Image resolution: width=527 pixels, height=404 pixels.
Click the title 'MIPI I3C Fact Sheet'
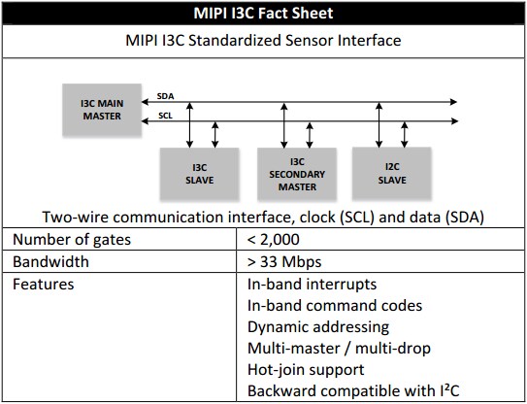point(263,14)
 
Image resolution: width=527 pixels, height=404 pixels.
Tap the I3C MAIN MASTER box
point(102,110)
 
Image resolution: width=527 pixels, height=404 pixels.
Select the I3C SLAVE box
point(199,174)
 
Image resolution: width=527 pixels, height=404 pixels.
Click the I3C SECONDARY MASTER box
point(297,174)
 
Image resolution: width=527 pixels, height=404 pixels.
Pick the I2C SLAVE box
point(392,173)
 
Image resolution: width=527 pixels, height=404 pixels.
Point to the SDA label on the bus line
point(165,96)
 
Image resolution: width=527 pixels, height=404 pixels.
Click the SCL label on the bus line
point(165,116)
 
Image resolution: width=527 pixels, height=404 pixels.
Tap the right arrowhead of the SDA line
point(454,102)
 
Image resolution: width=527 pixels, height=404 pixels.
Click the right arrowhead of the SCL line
point(455,120)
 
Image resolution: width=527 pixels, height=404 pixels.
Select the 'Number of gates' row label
point(72,240)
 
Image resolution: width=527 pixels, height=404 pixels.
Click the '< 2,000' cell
point(273,240)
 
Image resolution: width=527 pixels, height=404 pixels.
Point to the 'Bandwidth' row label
point(50,261)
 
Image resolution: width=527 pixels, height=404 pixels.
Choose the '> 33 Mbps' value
point(284,262)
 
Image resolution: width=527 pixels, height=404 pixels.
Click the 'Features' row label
point(43,285)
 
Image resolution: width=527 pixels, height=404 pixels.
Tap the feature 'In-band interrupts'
point(312,285)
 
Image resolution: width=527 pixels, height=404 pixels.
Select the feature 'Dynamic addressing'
point(318,327)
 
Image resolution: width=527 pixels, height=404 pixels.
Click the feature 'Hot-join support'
point(306,370)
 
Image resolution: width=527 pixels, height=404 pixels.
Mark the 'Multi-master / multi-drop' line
point(339,349)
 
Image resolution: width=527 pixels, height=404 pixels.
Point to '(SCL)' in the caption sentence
point(357,218)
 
